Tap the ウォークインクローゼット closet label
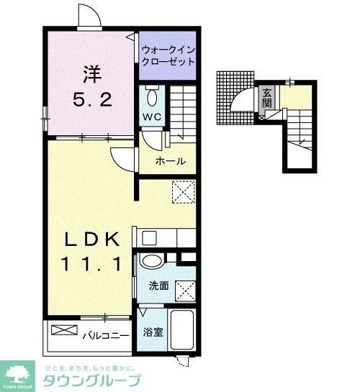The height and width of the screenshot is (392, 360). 168,56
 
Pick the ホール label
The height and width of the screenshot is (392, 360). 171,160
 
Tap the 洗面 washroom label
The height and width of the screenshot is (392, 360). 159,286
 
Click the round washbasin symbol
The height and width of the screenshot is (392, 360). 153,262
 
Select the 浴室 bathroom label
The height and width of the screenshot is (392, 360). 153,332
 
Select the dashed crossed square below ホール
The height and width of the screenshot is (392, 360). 184,191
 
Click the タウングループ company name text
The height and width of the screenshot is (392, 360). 94,380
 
